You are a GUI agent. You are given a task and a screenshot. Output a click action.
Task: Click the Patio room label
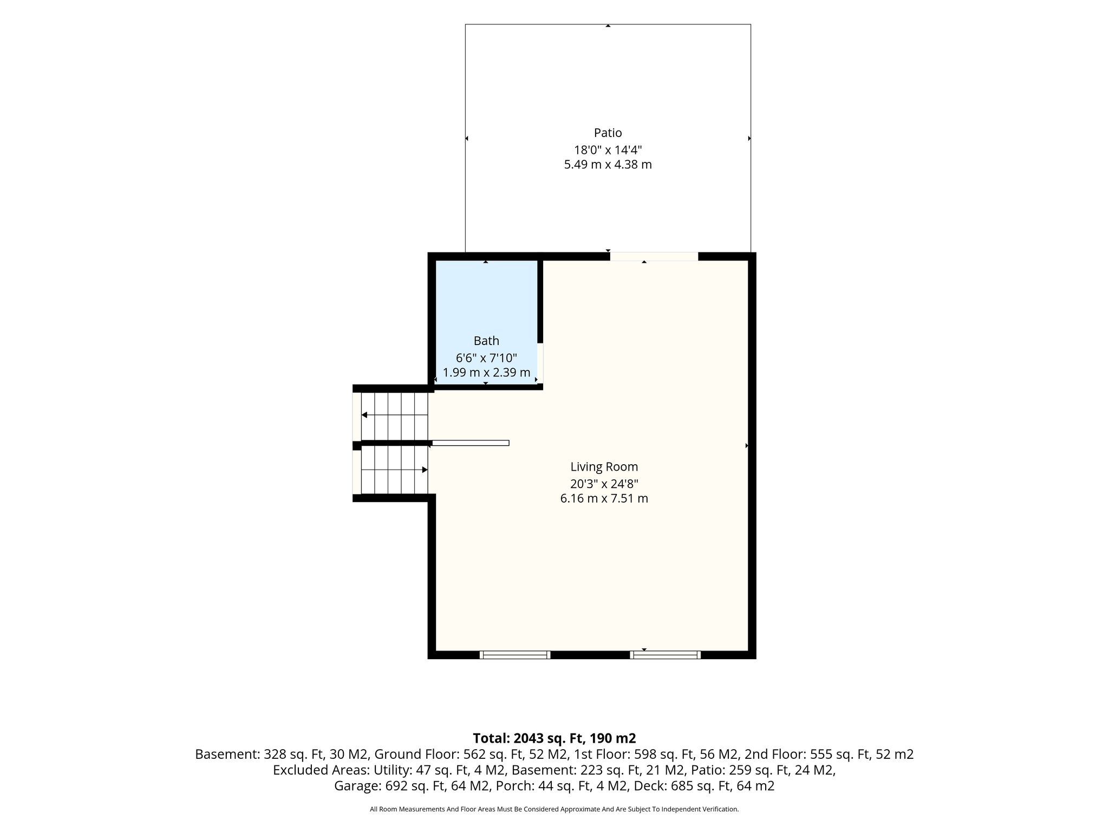click(x=608, y=133)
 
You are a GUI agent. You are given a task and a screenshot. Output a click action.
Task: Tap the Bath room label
click(x=486, y=341)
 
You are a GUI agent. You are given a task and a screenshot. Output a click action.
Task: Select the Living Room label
click(x=604, y=466)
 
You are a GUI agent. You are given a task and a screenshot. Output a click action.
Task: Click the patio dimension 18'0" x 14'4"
click(x=608, y=150)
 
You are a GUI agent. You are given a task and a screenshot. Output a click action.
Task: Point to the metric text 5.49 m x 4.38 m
click(x=608, y=165)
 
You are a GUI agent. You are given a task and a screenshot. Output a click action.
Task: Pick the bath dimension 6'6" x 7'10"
click(x=486, y=358)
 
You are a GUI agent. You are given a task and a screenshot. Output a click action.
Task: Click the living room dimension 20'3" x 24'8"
click(x=604, y=484)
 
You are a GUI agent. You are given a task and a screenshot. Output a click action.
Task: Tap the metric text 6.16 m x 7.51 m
click(x=604, y=498)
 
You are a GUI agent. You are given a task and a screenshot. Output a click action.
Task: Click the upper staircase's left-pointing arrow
click(x=395, y=415)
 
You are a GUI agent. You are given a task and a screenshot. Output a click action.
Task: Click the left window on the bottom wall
click(x=515, y=655)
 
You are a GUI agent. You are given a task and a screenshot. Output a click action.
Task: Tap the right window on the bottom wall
click(x=666, y=655)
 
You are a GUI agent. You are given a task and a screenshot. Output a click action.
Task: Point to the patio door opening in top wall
click(x=654, y=257)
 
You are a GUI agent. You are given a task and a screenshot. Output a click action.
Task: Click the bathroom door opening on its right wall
click(x=540, y=363)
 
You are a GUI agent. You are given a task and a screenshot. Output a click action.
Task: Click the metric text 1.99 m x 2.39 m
click(x=486, y=373)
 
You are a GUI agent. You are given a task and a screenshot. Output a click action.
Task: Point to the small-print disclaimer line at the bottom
click(x=554, y=809)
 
